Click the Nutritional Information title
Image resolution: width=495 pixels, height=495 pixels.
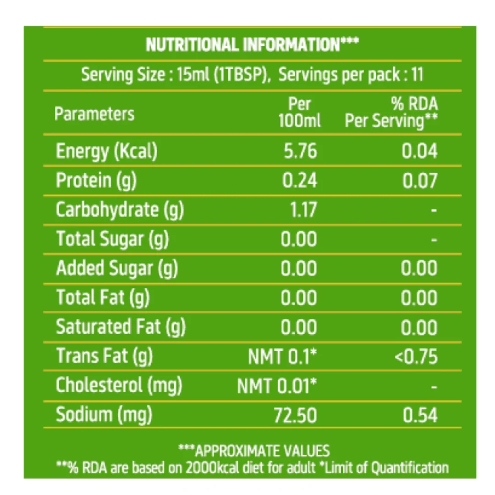pos(252,44)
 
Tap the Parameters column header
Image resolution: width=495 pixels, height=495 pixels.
pos(94,114)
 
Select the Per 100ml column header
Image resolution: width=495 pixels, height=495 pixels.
pos(299,112)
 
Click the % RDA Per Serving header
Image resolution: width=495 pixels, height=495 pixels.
pos(391,113)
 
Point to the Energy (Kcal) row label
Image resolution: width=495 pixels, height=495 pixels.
pos(107,151)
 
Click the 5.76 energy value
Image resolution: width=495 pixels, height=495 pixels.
pos(300,151)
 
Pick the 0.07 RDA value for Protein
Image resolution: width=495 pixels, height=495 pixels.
pos(420,181)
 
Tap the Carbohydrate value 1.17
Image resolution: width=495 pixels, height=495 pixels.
pos(303,210)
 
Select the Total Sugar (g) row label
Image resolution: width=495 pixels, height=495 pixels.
pos(112,239)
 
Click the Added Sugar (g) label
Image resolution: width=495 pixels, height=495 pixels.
pos(117,268)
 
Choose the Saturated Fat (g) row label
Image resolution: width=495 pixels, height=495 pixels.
pos(121,327)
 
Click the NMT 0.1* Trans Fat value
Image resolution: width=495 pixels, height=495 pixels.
pos(282,357)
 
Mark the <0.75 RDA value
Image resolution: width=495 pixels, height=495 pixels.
pos(416,357)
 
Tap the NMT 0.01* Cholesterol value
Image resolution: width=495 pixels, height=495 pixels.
pos(277,386)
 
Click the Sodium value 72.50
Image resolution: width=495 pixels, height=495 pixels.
pos(295,415)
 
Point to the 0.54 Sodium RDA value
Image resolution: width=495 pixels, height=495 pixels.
pos(420,415)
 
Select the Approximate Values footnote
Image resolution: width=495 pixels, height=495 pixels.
pos(254,451)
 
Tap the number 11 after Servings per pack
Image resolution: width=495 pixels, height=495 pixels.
pos(417,75)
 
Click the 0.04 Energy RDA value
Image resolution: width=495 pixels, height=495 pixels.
pos(419,151)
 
